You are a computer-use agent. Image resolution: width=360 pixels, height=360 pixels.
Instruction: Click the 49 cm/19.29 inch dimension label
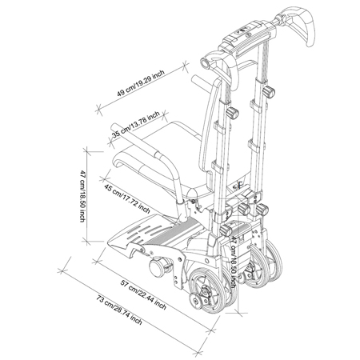pyautogui.click(x=141, y=82)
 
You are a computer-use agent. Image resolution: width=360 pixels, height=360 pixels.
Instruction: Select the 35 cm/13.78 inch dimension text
pyautogui.click(x=136, y=124)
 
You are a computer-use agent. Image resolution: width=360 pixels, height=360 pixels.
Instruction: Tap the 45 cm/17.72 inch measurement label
pyautogui.click(x=127, y=198)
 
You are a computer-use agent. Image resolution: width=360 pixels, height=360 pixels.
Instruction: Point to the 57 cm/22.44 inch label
pyautogui.click(x=143, y=294)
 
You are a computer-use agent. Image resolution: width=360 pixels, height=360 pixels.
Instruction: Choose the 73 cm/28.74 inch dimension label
pyautogui.click(x=119, y=310)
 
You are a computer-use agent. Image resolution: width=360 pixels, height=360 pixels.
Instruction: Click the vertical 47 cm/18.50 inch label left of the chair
pyautogui.click(x=83, y=196)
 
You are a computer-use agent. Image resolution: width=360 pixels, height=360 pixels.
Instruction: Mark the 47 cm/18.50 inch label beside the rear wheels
pyautogui.click(x=234, y=262)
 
